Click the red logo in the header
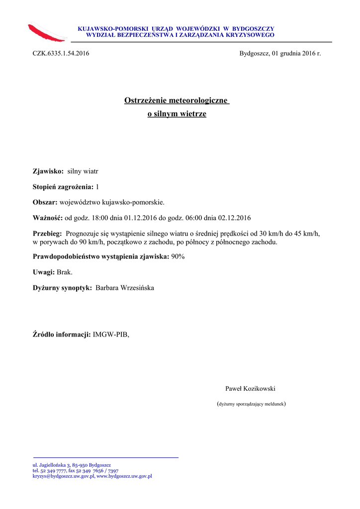point(47,32)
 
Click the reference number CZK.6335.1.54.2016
point(61,53)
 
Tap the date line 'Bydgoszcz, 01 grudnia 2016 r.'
point(280,53)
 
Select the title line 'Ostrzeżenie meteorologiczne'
point(177,101)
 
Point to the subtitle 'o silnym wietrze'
point(177,114)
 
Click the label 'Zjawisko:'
point(48,171)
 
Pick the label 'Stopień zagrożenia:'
point(63,186)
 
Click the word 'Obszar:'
point(45,202)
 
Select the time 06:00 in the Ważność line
point(193,218)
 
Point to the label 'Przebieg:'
point(47,234)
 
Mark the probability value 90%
point(178,256)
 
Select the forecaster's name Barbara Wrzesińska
point(125,288)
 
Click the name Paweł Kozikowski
point(250,389)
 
